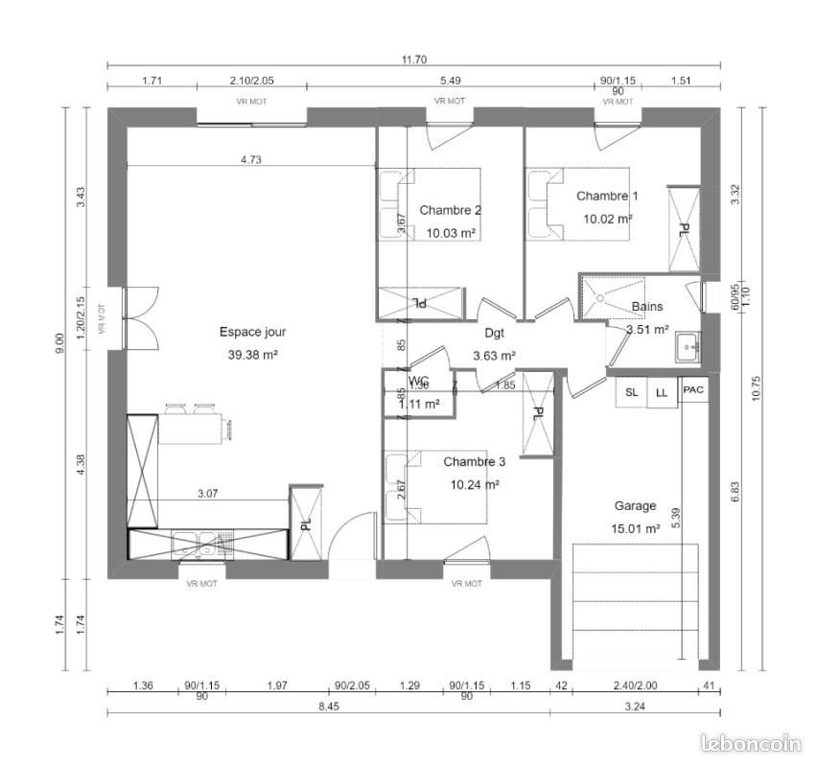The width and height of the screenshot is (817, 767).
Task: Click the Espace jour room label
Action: click(252, 333)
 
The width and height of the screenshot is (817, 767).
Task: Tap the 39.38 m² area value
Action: click(252, 354)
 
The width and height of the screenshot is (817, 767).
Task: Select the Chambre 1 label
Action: click(607, 196)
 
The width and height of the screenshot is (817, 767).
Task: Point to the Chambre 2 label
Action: click(451, 210)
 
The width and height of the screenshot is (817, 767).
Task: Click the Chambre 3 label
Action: click(474, 462)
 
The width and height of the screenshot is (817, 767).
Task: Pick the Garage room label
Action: click(635, 506)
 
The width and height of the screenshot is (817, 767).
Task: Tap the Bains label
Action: click(647, 308)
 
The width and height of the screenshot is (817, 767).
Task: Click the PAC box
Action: click(693, 389)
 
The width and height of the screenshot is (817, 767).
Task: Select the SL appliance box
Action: click(631, 392)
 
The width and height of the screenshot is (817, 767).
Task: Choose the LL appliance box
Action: click(662, 392)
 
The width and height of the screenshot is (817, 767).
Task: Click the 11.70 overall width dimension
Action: click(413, 59)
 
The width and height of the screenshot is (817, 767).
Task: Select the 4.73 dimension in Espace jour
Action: click(250, 160)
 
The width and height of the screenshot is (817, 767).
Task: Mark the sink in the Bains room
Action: click(688, 347)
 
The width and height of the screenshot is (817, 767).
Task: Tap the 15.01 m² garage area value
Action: click(636, 528)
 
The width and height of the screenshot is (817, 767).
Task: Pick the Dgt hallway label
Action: click(495, 334)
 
